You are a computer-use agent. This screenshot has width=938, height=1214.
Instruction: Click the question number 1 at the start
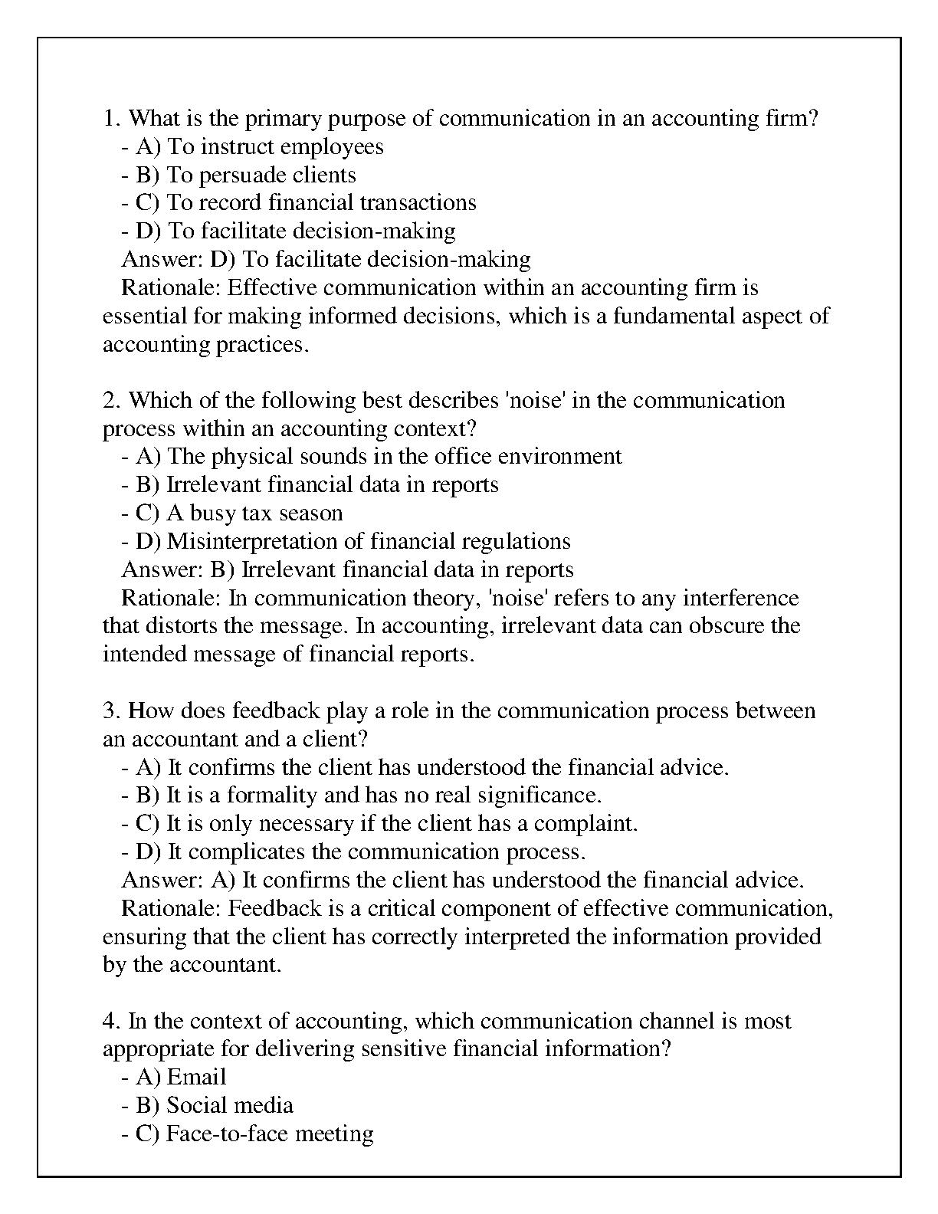pyautogui.click(x=109, y=119)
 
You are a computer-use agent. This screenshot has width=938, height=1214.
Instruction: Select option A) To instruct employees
pyautogui.click(x=252, y=146)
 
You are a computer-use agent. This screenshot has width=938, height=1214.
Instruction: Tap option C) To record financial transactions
pyautogui.click(x=298, y=203)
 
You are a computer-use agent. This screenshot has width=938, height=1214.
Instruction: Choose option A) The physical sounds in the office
pyautogui.click(x=371, y=457)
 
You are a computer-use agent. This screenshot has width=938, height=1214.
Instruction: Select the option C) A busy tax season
pyautogui.click(x=231, y=513)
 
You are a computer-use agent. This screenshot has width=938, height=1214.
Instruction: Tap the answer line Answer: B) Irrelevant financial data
pyautogui.click(x=347, y=570)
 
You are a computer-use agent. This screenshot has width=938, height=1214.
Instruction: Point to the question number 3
pyautogui.click(x=109, y=711)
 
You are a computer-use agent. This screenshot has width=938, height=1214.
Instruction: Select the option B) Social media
pyautogui.click(x=207, y=1106)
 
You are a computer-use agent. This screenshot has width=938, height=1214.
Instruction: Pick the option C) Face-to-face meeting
pyautogui.click(x=247, y=1134)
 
